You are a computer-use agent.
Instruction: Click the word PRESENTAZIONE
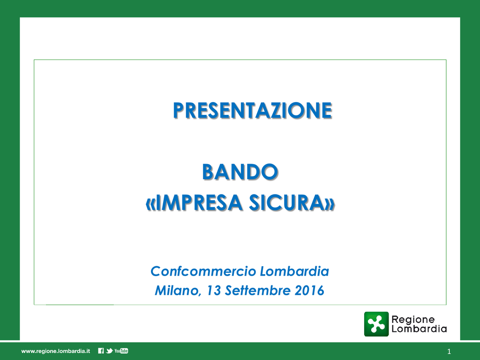tap(253, 110)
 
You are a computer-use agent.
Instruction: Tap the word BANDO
tap(240, 172)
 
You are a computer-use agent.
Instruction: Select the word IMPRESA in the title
tap(199, 202)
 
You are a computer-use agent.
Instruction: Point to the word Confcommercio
tap(203, 271)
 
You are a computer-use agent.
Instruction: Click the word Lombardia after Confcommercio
tap(294, 271)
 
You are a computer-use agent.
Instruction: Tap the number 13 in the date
tap(214, 290)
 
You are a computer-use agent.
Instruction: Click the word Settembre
tap(257, 290)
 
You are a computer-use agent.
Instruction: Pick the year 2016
tap(309, 290)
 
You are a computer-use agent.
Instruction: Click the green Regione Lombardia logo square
tap(376, 324)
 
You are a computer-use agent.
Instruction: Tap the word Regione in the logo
tap(413, 320)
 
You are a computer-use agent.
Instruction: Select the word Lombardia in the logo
tap(419, 329)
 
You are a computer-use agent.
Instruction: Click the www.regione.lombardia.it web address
tap(56, 351)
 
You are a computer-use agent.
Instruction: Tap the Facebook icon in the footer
tap(101, 351)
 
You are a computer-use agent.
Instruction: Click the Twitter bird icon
tap(109, 351)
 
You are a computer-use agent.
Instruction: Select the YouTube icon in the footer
tap(121, 351)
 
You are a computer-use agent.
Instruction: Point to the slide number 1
tap(449, 352)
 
